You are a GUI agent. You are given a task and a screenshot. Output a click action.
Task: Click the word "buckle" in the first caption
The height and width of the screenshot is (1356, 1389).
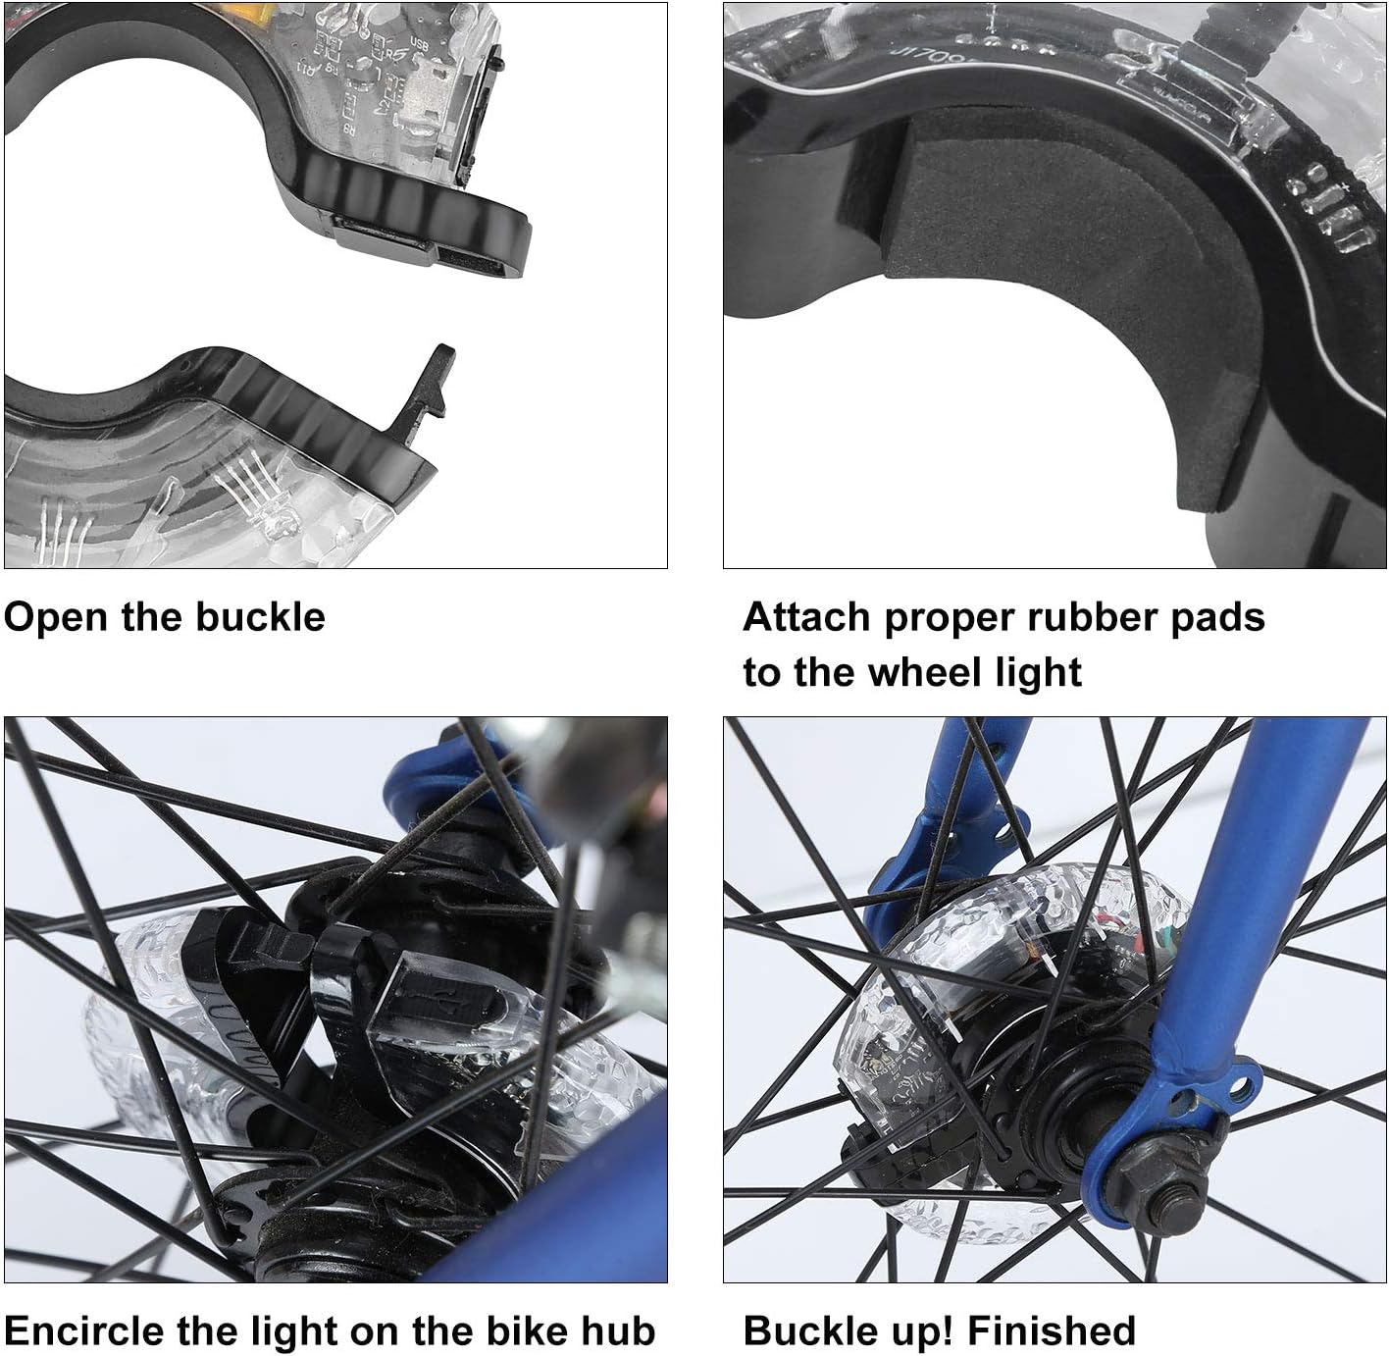click(x=260, y=617)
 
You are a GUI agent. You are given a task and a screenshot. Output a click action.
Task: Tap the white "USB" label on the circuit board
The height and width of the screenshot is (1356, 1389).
click(x=420, y=44)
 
